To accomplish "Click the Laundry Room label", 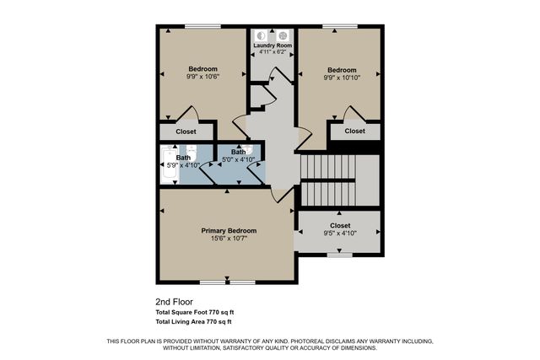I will tap(272, 45).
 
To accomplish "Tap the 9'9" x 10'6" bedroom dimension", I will tap(202, 77).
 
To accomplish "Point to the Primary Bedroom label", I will tap(229, 230).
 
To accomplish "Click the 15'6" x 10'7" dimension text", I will tap(229, 239).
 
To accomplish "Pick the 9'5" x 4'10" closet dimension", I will tap(340, 234).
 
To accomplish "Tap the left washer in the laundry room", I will tap(262, 35).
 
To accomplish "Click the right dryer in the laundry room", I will tap(283, 35).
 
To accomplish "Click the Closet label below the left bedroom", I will tap(186, 132).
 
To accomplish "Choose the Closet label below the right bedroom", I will tap(355, 131).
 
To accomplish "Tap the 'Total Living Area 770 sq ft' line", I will tap(194, 321).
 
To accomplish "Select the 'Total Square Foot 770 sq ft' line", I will tap(194, 312).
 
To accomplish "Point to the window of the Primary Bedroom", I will tap(227, 281).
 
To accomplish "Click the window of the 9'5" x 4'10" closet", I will tap(339, 254).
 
